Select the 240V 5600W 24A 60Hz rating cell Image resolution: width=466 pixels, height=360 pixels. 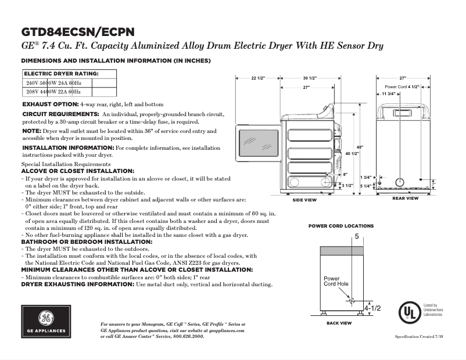tap(54, 83)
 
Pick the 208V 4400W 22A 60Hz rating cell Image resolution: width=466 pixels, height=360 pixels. tap(54, 92)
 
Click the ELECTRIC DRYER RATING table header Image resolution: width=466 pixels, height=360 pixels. tap(61, 74)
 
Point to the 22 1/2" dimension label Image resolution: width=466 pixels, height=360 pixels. tap(257, 78)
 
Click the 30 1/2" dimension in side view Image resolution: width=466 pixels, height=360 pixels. tap(309, 78)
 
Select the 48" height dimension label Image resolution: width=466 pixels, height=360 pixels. tap(360, 146)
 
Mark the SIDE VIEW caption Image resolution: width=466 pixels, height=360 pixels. tap(304, 200)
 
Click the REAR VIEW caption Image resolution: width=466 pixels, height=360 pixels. tap(405, 199)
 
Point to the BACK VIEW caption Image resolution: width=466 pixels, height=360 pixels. tap(339, 323)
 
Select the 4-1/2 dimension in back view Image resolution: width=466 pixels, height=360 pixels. tap(372, 307)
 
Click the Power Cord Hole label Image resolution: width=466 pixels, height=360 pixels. tap(336, 281)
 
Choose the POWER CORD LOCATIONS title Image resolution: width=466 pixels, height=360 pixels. tap(340, 226)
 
